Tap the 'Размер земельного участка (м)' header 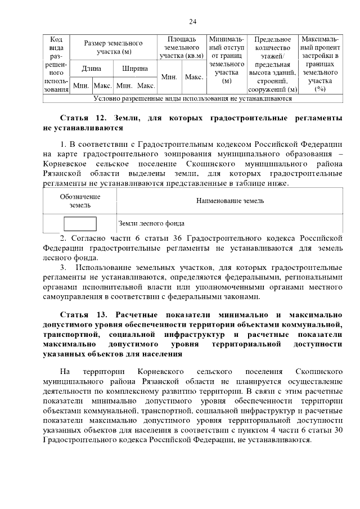coord(113,47)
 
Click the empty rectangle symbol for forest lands coord(80,223)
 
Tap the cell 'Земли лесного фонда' coord(151,223)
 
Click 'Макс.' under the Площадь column coord(194,77)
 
